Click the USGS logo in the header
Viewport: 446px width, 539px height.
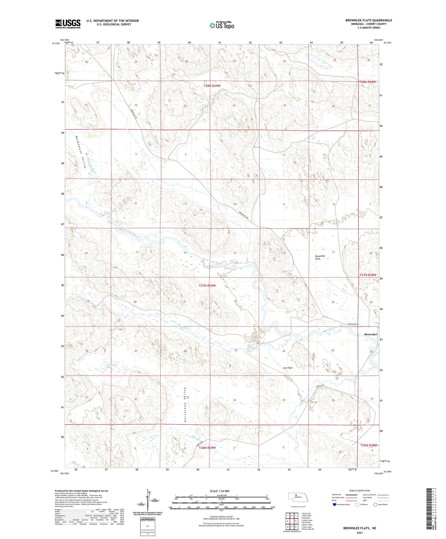(x=68, y=24)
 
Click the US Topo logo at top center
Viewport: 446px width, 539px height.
(x=222, y=26)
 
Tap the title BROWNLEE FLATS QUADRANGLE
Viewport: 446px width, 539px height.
(x=368, y=20)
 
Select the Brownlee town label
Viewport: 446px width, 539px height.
(x=371, y=334)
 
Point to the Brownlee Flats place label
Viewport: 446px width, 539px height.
(x=320, y=257)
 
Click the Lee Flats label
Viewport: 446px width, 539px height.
(x=288, y=368)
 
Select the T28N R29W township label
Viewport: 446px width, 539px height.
(x=212, y=86)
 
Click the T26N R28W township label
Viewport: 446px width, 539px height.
(x=368, y=445)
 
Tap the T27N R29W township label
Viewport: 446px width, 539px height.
(x=207, y=285)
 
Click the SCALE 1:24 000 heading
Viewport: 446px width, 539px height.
(x=219, y=491)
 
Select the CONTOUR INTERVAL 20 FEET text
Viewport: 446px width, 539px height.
(x=221, y=517)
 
